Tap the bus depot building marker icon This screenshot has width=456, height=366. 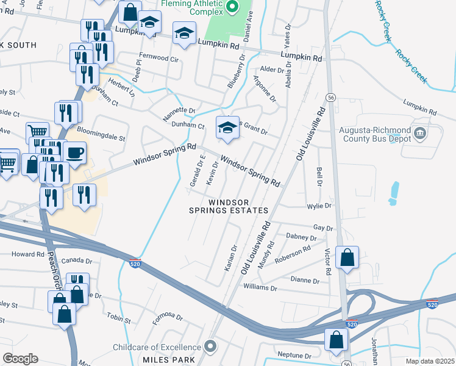tap(419, 132)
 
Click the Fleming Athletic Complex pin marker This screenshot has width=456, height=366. tap(232, 8)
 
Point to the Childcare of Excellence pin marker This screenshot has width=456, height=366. tap(211, 347)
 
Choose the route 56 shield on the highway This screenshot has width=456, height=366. tap(330, 97)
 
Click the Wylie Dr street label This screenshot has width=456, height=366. tap(319, 206)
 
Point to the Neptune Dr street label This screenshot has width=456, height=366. tap(294, 355)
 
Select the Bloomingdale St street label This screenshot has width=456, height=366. tap(101, 137)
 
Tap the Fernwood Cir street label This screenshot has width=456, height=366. tap(159, 60)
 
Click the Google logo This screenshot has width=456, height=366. tap(20, 358)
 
